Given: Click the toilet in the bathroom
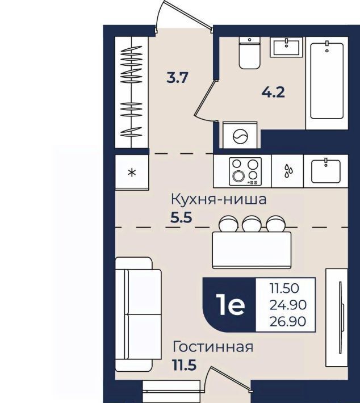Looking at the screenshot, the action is pos(249,53).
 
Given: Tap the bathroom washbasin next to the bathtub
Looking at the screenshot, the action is pos(287,47).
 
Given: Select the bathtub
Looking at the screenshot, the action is pos(327,80).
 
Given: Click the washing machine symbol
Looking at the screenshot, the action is pos(240,135).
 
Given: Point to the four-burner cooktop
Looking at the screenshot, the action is pos(245,171).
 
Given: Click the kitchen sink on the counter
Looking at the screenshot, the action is pos(326,171).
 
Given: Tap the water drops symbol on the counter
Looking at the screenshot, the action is pos(288,171).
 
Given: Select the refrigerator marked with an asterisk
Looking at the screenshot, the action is pos(132,172).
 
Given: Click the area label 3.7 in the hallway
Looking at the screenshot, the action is pos(177,78).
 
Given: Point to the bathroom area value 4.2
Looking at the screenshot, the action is pos(273,92).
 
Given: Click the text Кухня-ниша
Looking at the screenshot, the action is pos(219,199).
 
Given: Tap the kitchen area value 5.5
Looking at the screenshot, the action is pos(182,218).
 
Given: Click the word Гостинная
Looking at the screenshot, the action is pos(213,347).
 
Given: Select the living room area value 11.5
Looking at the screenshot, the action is pos(185,365).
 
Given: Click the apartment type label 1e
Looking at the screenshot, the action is pos(231,305).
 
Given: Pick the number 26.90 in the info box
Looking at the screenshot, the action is pos(288,321).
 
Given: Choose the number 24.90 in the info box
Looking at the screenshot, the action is pos(288,305).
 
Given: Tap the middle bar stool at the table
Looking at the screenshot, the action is pos(252,224).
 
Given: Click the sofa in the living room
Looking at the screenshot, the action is pos(138,314).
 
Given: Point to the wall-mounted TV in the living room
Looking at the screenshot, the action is pos(341,318).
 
